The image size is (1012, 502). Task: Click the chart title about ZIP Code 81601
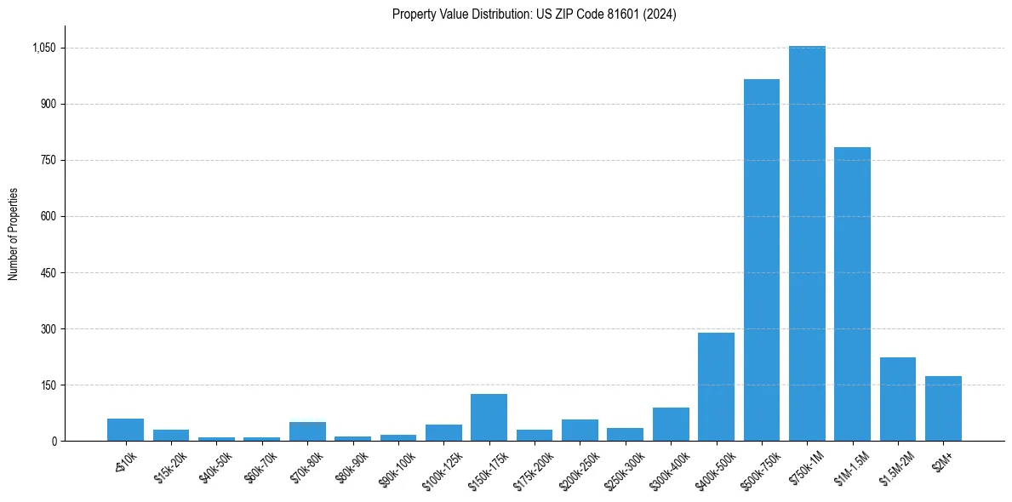pos(535,14)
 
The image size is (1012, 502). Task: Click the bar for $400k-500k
pos(716,386)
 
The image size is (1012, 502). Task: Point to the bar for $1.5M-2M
pos(897,399)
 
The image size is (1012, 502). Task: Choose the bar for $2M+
pos(943,408)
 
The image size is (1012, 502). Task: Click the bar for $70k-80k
pos(307,431)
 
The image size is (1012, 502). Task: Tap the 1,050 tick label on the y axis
pos(43,48)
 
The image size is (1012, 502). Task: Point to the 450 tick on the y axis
pos(48,273)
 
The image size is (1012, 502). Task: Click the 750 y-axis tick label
pos(48,161)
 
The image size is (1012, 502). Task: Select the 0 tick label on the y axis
pos(54,442)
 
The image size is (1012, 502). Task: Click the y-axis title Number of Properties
pos(14,234)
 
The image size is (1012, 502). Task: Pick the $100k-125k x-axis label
pos(443,468)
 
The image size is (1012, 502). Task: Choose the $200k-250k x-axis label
pos(579,468)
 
